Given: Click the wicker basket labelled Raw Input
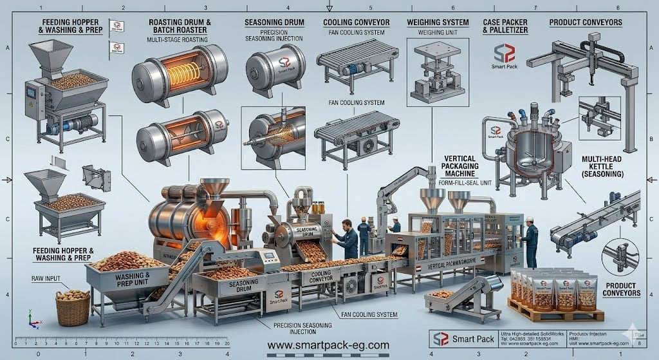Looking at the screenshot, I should pos(73,307).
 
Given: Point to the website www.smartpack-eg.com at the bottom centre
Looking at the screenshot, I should pos(329,346).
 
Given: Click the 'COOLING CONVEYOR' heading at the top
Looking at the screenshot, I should pos(356,23).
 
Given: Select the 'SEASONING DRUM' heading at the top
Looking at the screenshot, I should pos(274,23).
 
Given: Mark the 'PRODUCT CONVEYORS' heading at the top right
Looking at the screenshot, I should pos(585,23).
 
